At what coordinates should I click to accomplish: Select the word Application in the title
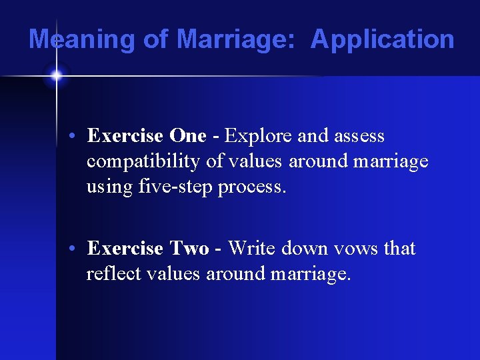tap(383, 39)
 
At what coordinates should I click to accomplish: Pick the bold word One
tap(188, 136)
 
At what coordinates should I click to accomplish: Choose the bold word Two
tap(189, 249)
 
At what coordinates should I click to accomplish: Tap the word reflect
tap(110, 274)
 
